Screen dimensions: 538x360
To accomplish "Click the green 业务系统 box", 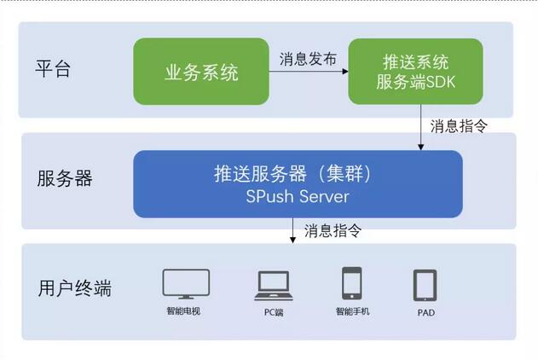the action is (201, 72).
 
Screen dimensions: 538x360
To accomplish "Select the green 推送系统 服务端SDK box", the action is (415, 72).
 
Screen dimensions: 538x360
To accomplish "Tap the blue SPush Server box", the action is (298, 184).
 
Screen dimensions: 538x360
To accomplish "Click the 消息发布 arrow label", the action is (308, 59).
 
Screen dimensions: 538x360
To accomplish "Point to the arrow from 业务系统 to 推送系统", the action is (309, 72).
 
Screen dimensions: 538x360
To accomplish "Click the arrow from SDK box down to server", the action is (421, 127).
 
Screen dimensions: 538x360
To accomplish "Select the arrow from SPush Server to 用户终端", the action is (292, 230).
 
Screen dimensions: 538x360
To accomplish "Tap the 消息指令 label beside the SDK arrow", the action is (459, 126).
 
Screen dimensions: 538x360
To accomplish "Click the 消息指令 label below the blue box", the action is (333, 230).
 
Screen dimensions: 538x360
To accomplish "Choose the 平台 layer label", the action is (53, 68).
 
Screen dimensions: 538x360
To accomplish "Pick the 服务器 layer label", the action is (65, 178).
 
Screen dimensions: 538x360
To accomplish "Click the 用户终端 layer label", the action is (75, 288).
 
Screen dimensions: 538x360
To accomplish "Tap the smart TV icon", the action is (186, 284).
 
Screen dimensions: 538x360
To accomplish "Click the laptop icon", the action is (274, 286).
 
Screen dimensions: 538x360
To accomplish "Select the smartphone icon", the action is (351, 283).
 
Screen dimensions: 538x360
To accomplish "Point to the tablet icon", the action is (425, 285).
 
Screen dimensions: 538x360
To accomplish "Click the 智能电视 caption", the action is (183, 311).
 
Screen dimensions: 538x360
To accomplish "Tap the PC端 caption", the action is (274, 312).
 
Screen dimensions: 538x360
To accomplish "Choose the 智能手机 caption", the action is (352, 311).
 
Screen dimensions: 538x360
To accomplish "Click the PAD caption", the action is (426, 312).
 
